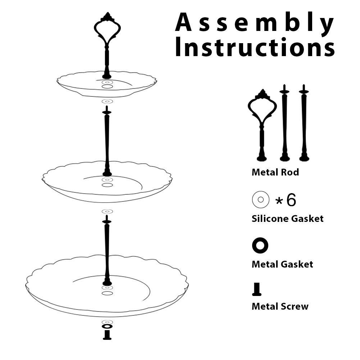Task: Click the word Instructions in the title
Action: (255, 48)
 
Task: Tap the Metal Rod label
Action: (275, 172)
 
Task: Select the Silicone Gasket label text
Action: (287, 218)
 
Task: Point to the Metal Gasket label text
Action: (282, 264)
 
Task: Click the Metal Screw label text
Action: (280, 306)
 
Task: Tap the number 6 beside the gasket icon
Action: (291, 200)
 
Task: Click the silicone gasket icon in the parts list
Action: (261, 199)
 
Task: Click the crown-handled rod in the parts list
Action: (262, 126)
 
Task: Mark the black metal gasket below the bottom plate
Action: (107, 326)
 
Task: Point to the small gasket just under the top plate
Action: (107, 101)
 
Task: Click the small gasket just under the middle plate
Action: (107, 211)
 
